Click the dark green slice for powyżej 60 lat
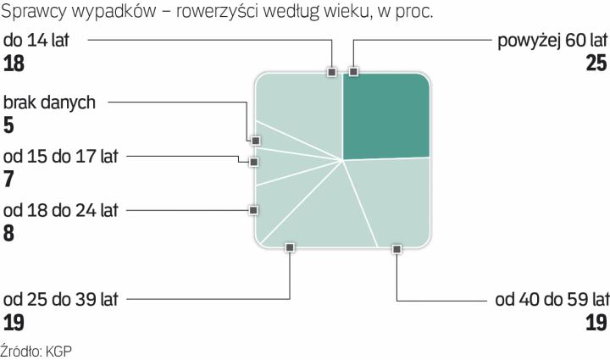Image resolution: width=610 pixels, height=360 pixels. (385, 114)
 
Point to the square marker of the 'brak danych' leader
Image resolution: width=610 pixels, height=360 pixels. (253, 141)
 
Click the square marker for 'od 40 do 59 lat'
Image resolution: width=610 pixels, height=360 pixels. (396, 247)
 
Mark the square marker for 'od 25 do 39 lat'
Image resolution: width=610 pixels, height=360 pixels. (290, 247)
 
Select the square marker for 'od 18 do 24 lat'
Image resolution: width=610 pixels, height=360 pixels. (252, 208)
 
